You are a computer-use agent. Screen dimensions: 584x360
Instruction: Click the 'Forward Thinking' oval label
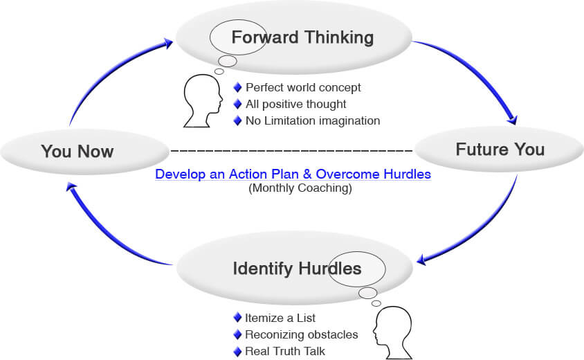(302, 37)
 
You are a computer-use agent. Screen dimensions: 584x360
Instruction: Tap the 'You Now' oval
(84, 152)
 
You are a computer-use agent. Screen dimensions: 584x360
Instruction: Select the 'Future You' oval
(499, 149)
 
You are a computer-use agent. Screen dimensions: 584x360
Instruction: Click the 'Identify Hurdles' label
(297, 269)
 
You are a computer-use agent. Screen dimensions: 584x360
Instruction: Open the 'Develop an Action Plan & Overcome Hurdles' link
(293, 174)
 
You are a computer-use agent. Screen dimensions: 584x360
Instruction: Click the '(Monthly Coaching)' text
(300, 188)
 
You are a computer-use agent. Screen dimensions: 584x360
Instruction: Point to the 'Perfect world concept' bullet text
(303, 88)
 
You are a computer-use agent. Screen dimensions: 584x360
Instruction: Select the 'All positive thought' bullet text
(295, 104)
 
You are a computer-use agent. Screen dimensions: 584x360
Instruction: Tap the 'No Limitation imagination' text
(313, 120)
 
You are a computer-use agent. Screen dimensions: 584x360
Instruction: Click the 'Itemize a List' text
(280, 318)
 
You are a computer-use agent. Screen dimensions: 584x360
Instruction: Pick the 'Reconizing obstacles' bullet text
(301, 334)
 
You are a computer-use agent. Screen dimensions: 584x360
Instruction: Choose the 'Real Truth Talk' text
(285, 351)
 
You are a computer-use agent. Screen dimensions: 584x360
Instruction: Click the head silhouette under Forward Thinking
(203, 100)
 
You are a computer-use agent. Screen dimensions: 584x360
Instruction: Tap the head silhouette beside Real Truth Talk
(393, 332)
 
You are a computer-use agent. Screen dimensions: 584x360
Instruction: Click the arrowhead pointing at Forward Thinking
(167, 43)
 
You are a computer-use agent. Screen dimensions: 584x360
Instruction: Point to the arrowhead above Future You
(512, 119)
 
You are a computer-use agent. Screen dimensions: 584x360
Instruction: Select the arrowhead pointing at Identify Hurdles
(422, 260)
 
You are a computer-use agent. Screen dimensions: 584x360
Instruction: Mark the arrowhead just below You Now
(71, 187)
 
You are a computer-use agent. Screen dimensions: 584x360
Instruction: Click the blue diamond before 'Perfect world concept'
(237, 88)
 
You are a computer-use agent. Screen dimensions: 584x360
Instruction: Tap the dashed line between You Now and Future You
(291, 151)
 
